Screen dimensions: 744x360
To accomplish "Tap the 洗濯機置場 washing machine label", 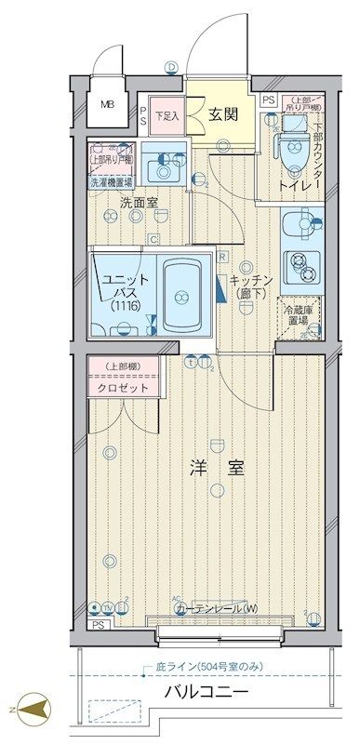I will [x=112, y=183].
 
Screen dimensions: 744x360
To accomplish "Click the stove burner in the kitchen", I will [x=300, y=263].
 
